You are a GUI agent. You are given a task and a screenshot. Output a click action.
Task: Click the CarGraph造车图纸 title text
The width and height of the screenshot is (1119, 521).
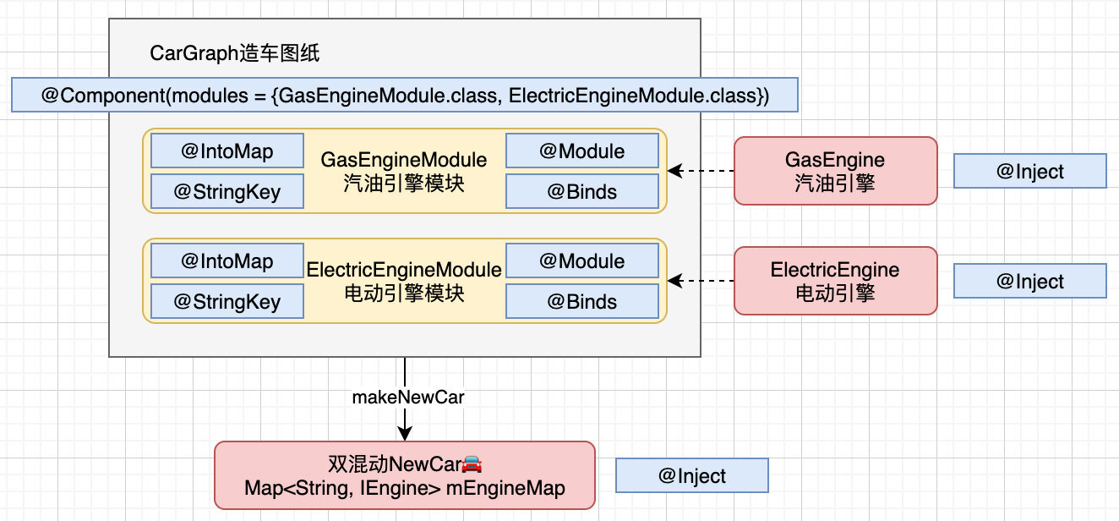click(x=234, y=53)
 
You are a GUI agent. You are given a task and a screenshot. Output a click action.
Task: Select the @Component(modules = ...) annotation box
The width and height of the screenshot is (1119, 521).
click(x=405, y=95)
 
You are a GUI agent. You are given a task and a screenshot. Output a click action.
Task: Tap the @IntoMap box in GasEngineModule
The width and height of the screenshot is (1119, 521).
click(x=227, y=151)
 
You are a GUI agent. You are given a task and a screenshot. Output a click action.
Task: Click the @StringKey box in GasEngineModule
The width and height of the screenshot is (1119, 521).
click(x=227, y=191)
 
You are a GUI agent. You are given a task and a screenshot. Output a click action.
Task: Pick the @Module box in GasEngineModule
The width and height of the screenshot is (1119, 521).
click(x=582, y=151)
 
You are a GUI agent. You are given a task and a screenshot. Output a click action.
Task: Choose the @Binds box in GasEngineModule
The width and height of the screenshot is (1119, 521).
click(x=582, y=191)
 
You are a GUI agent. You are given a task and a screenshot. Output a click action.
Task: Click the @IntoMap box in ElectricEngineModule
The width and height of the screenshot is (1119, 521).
click(x=227, y=260)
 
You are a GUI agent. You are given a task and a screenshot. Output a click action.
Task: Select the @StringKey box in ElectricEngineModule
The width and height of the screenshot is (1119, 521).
click(x=227, y=301)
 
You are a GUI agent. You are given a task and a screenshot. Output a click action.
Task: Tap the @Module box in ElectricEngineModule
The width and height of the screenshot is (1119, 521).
click(x=582, y=260)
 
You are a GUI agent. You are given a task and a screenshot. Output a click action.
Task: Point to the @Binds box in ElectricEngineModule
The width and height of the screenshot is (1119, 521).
click(x=582, y=301)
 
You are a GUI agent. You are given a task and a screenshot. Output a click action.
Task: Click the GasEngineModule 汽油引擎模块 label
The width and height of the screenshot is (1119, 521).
click(x=404, y=172)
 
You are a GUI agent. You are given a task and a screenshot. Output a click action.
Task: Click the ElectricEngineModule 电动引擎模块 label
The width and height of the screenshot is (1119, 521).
click(x=404, y=282)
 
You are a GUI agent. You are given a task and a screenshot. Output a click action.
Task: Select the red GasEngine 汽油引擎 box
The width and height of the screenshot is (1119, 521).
click(x=836, y=171)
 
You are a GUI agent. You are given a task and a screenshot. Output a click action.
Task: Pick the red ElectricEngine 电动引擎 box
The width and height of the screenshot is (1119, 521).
click(x=836, y=281)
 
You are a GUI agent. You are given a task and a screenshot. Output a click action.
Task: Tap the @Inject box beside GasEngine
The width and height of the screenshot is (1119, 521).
click(x=1030, y=171)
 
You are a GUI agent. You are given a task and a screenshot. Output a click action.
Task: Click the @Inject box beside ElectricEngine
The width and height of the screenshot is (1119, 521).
click(x=1030, y=281)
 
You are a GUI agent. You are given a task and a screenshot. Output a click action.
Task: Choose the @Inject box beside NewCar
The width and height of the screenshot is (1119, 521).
click(x=692, y=475)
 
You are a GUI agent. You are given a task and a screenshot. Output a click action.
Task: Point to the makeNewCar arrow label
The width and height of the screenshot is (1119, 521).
click(x=408, y=397)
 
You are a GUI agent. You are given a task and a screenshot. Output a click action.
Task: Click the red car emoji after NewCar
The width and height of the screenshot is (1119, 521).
click(x=472, y=464)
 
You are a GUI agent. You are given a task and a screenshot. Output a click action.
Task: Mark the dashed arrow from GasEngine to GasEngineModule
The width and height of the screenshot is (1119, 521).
click(x=701, y=171)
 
